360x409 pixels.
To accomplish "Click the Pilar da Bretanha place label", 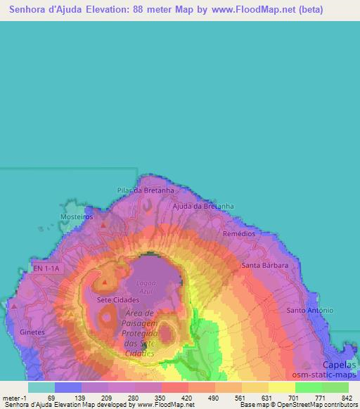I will [x=145, y=190].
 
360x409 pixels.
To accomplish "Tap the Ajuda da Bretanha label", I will [x=203, y=206].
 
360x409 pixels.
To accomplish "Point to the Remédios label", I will [x=238, y=233].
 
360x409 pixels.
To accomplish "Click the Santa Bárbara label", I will [x=264, y=265].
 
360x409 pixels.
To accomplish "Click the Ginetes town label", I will [x=32, y=331].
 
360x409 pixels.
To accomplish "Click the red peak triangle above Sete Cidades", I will [x=105, y=283].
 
